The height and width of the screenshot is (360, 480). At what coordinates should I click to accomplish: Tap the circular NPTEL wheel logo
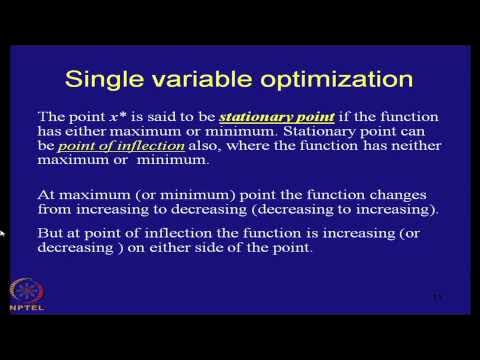(x=26, y=292)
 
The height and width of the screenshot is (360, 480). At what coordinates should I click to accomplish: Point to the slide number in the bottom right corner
(x=436, y=297)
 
